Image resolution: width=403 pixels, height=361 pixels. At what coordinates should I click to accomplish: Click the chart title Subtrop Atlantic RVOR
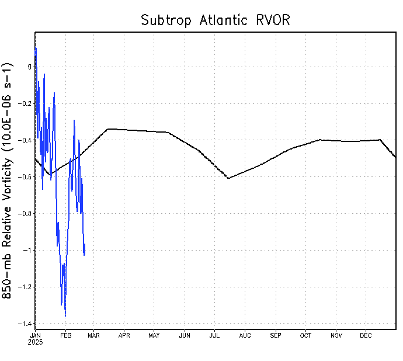pos(216,20)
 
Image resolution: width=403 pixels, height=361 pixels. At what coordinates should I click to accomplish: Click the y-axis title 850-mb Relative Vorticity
pos(9,182)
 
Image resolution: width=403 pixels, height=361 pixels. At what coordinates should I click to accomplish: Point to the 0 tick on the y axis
pos(29,67)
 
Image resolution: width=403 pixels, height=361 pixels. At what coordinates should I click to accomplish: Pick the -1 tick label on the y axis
pos(27,251)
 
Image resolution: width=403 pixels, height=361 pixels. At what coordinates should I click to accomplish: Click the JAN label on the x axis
pos(36,335)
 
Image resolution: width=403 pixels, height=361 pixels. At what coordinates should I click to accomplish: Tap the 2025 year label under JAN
pos(36,342)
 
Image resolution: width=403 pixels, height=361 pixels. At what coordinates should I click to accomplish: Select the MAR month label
pos(94,335)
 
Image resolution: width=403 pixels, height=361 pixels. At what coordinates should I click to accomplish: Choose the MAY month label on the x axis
pos(154,335)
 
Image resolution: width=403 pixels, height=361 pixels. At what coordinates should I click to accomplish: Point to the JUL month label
pos(214,335)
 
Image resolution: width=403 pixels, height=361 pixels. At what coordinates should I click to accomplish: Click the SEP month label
pos(276,335)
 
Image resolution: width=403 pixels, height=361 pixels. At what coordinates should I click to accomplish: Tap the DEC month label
pos(366,335)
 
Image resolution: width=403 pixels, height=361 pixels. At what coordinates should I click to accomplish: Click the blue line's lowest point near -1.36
pos(65,316)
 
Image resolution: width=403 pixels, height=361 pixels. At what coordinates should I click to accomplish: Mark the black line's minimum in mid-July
pos(228,178)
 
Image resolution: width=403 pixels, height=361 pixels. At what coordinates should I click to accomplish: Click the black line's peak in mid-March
pos(108,129)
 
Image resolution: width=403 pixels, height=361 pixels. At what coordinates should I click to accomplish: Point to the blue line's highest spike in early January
pos(36,47)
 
